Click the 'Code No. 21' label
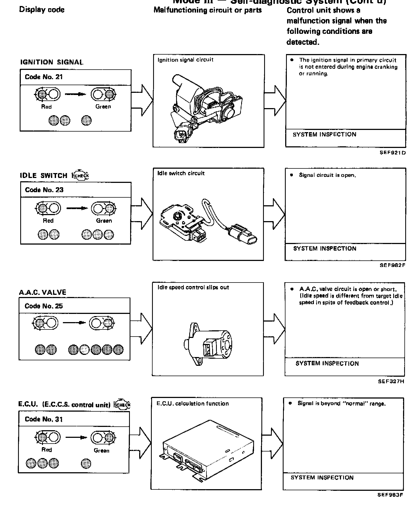tap(44, 77)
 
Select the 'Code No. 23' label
tap(44, 190)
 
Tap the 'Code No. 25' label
tap(43, 306)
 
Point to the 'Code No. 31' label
tap(43, 419)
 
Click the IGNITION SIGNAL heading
tap(52, 62)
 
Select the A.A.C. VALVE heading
tap(43, 292)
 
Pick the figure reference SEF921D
tap(393, 153)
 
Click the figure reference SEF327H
tap(391, 381)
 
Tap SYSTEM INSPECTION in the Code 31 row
tap(322, 477)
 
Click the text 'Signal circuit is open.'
tap(327, 175)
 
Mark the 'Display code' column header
tap(42, 10)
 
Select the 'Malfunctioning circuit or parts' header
tap(208, 10)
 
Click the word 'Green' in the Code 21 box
tap(103, 107)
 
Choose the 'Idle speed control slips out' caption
tap(193, 287)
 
